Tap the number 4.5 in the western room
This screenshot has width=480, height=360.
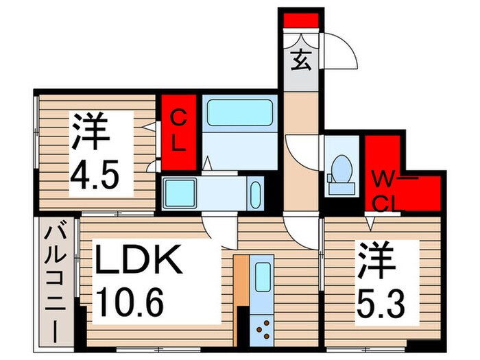97,176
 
